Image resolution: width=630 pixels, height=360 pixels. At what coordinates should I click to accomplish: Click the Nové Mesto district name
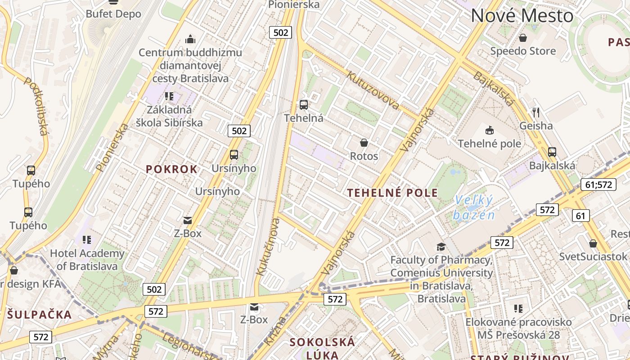pos(522,16)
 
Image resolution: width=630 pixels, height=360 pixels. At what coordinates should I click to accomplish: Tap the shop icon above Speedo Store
pos(523,38)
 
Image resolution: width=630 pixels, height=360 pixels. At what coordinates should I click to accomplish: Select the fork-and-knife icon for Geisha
pos(535,112)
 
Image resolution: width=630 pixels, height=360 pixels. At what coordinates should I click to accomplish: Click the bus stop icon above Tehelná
pos(304,105)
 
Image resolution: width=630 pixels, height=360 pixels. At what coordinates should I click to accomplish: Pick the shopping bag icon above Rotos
pos(364,143)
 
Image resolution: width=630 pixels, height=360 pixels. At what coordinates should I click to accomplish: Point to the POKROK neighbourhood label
pos(171,169)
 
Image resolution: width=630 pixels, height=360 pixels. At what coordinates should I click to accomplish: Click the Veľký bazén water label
pos(474,207)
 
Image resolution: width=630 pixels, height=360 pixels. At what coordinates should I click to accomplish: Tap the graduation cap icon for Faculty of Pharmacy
pos(441,247)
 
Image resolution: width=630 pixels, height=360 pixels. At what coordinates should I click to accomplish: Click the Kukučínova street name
pos(268,246)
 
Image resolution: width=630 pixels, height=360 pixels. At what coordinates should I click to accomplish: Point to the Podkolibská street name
pos(36,106)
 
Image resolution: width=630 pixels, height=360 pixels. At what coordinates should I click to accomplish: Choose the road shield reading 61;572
pos(598,184)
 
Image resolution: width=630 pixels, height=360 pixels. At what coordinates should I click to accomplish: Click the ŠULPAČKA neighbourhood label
pos(39,314)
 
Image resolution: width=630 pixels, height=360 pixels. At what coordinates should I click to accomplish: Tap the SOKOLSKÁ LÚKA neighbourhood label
pos(322,348)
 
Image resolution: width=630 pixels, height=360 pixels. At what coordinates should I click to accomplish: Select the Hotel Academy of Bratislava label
pos(87,259)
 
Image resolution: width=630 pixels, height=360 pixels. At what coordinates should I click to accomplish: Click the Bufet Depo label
pos(113,14)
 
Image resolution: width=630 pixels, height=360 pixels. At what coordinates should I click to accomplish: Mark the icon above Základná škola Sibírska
pos(169,96)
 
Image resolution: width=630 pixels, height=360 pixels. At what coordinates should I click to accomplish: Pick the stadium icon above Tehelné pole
pos(489,130)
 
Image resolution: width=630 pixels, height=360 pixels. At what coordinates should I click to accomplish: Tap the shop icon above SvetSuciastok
pos(593,243)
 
